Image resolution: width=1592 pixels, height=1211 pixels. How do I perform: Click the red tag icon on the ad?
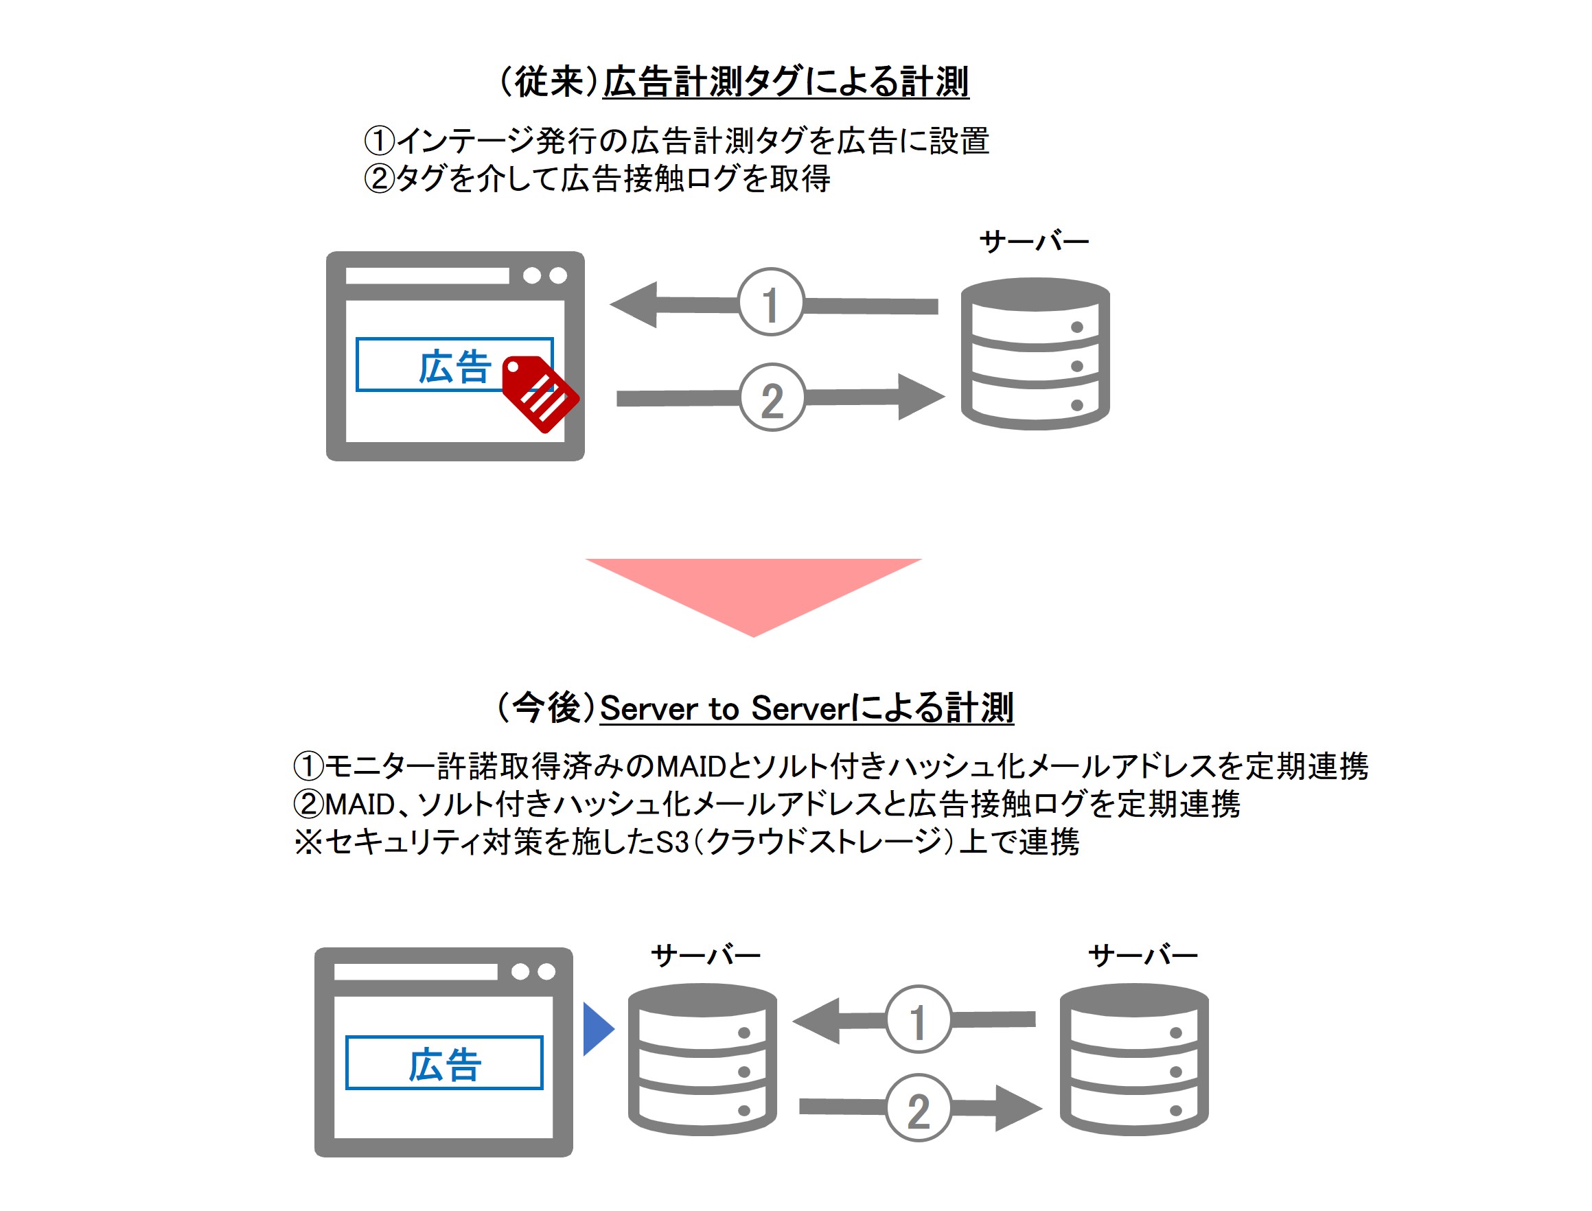539,393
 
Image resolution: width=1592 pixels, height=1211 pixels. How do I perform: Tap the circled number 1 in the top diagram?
770,303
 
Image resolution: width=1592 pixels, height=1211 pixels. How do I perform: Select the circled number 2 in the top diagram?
772,397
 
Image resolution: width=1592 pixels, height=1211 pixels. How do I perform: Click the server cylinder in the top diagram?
1035,354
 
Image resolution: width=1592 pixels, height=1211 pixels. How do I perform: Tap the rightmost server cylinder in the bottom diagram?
1133,1060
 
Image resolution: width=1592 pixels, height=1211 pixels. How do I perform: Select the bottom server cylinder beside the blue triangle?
702,1060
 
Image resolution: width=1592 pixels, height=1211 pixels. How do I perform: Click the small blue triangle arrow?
596,1028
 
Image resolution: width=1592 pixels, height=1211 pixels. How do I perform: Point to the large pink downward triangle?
753,588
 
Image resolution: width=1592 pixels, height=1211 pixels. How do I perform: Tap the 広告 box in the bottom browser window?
444,1063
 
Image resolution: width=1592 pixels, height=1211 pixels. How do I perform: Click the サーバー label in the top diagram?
1034,242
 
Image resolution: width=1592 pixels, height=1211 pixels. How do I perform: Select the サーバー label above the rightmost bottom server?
1142,956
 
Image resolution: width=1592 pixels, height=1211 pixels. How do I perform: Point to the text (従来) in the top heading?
549,82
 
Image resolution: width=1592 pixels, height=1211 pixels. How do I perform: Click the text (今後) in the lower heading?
546,707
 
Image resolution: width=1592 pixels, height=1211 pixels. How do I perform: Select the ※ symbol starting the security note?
308,842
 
